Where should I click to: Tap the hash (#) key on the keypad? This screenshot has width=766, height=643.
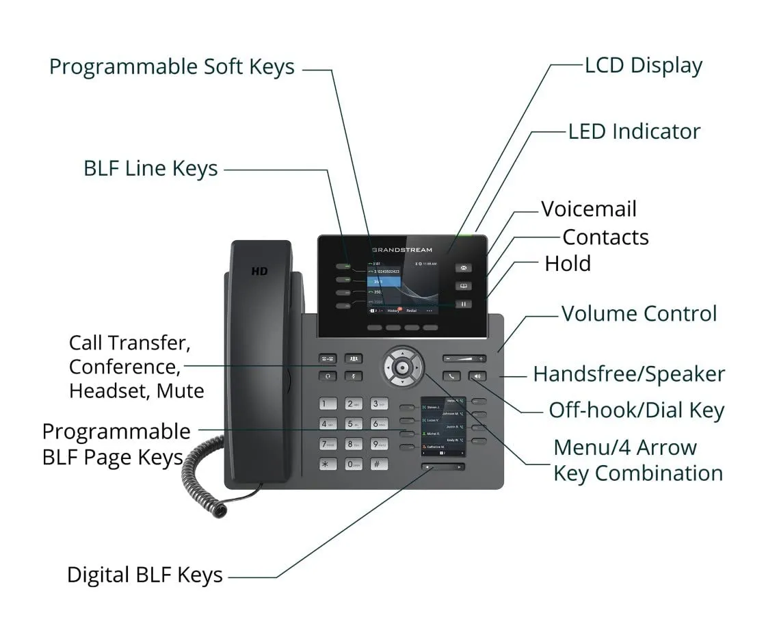coord(378,464)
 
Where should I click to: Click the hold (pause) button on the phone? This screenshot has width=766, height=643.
coord(463,304)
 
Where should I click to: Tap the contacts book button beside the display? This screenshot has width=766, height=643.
coord(463,286)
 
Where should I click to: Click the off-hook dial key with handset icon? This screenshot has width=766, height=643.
coord(451,376)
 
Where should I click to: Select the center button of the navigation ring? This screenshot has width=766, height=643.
coord(403,367)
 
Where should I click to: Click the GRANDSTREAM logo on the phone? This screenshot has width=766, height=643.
coord(401,250)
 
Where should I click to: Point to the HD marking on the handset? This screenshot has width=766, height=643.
coord(259,271)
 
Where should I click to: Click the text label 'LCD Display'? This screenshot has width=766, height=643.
coord(644,66)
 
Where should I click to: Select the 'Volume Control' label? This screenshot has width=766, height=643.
coord(639,313)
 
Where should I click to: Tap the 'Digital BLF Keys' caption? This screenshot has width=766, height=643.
coord(145,575)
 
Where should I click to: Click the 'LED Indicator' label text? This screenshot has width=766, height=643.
coord(634,131)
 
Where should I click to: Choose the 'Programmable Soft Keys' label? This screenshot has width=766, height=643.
coord(172,67)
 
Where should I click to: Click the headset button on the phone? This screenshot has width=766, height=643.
coord(328,376)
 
